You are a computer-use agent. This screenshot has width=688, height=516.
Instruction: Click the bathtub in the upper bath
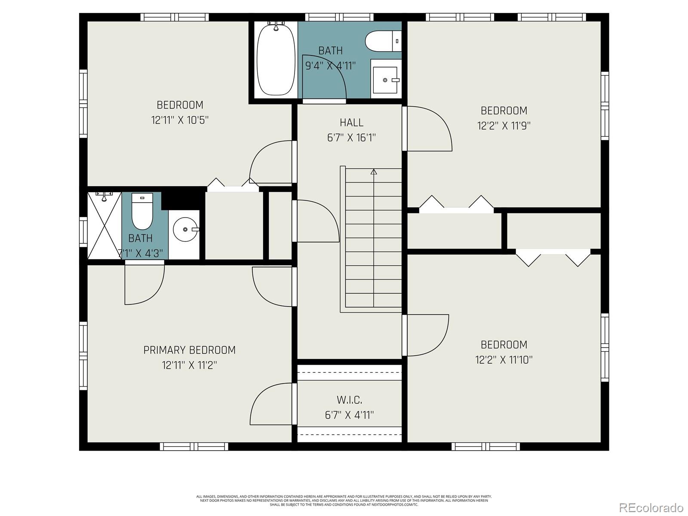pyautogui.click(x=276, y=60)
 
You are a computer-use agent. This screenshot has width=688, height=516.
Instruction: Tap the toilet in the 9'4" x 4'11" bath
pyautogui.click(x=383, y=42)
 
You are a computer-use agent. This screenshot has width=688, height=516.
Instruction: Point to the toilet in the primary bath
pyautogui.click(x=142, y=212)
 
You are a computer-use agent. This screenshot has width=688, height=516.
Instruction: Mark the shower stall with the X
pyautogui.click(x=104, y=226)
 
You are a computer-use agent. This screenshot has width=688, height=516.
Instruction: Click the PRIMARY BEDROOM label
pyautogui.click(x=189, y=350)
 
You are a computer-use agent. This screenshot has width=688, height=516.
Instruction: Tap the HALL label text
pyautogui.click(x=351, y=123)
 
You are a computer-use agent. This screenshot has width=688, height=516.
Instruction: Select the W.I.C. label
pyautogui.click(x=349, y=400)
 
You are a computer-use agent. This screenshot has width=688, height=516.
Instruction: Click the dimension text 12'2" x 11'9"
pyautogui.click(x=504, y=126)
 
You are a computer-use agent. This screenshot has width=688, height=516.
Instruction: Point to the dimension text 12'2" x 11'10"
pyautogui.click(x=504, y=359)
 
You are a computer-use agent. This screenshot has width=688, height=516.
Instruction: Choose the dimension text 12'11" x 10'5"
pyautogui.click(x=180, y=120)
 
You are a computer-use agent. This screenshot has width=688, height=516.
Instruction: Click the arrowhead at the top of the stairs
pyautogui.click(x=374, y=172)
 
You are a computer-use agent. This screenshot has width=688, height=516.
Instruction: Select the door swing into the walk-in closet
pyautogui.click(x=271, y=404)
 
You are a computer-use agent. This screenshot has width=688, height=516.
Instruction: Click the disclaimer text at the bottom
pyautogui.click(x=344, y=500)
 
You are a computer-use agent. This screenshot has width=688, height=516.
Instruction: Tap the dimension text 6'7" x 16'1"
pyautogui.click(x=351, y=138)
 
